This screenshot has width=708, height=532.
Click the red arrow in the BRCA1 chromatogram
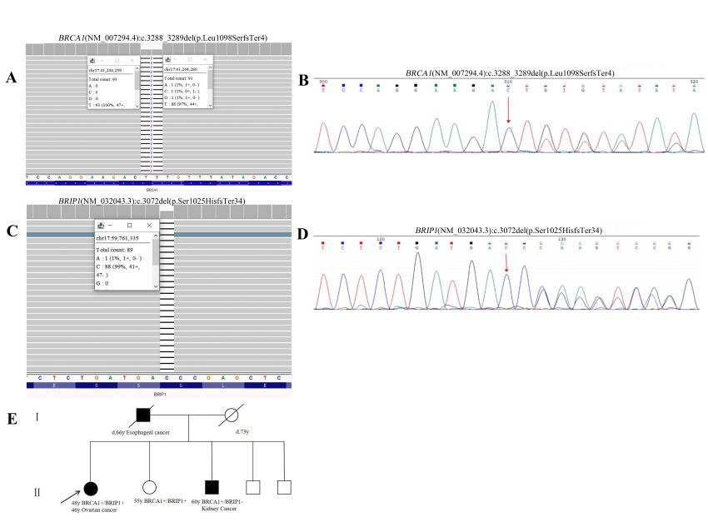tap(508, 108)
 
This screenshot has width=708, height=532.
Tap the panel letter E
tap(12, 416)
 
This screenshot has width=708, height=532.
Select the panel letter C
tap(12, 230)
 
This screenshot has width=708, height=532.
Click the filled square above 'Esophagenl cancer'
tap(142, 414)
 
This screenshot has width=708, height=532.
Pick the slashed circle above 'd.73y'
tap(242, 414)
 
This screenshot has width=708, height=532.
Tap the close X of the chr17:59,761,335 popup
tap(149, 226)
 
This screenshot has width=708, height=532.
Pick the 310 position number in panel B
tap(508, 82)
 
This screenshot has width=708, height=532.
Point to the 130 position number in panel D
tap(562, 238)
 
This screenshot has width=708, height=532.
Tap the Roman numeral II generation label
tap(37, 492)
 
